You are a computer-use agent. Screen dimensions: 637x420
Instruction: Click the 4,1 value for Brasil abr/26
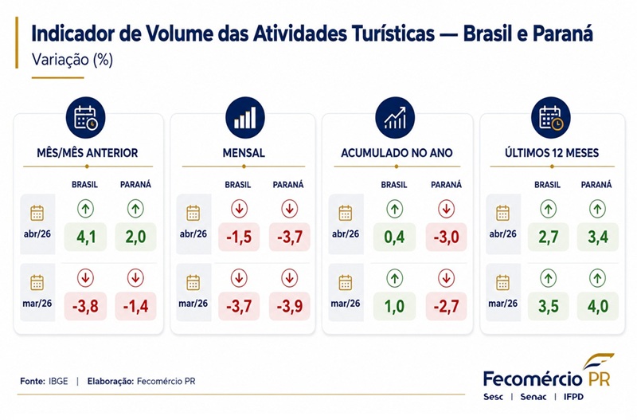(x=86, y=237)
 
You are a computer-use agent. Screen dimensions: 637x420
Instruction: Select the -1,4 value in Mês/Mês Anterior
(x=135, y=306)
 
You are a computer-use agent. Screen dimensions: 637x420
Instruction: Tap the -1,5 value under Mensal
(x=239, y=237)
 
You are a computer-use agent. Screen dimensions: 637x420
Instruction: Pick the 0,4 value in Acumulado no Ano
(x=394, y=237)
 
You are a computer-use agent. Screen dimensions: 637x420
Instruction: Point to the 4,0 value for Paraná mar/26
(x=598, y=306)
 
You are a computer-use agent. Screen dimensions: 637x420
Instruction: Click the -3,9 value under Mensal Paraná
(x=290, y=306)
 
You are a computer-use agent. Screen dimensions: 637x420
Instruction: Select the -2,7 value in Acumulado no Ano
(x=446, y=306)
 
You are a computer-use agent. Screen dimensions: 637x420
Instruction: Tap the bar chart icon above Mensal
(x=245, y=118)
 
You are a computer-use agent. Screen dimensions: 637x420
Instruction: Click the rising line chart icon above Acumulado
(x=395, y=118)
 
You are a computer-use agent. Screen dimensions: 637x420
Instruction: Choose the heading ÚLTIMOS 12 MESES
(x=552, y=153)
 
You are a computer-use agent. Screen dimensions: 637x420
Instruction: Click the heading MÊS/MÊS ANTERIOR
(x=88, y=153)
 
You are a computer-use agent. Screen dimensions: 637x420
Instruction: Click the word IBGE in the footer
(x=58, y=382)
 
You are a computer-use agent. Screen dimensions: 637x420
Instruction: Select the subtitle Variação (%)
(x=72, y=59)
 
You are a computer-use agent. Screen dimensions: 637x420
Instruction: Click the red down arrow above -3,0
(x=446, y=209)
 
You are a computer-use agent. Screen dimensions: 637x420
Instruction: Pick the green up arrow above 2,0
(x=135, y=209)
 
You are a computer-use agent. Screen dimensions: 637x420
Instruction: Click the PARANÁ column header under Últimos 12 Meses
(x=596, y=185)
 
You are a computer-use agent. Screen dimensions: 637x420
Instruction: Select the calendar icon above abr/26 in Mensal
(x=193, y=213)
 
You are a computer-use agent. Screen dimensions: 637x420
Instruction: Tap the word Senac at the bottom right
(x=533, y=396)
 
